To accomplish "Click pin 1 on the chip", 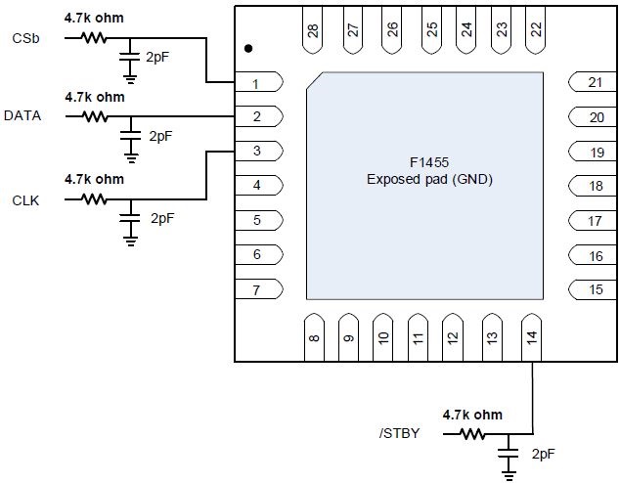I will pyautogui.click(x=258, y=83).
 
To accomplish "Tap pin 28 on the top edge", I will pyautogui.click(x=313, y=32).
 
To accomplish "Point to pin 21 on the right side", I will pyautogui.click(x=593, y=83).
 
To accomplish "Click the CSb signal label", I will pyautogui.click(x=25, y=38).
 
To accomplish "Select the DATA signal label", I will pyautogui.click(x=22, y=115).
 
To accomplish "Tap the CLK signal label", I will pyautogui.click(x=24, y=199).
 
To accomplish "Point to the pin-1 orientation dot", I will pyautogui.click(x=249, y=48).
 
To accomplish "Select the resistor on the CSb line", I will pyautogui.click(x=94, y=38).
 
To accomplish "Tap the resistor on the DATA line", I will pyautogui.click(x=94, y=115).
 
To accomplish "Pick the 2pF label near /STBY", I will pyautogui.click(x=544, y=455).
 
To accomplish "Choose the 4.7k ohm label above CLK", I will pyautogui.click(x=94, y=180).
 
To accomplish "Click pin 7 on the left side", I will pyautogui.click(x=258, y=289).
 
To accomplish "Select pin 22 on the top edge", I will pyautogui.click(x=535, y=32).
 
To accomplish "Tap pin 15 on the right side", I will pyautogui.click(x=593, y=289).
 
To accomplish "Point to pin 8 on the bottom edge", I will pyautogui.click(x=313, y=336).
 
